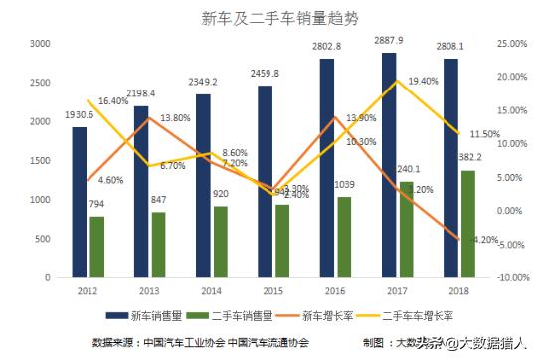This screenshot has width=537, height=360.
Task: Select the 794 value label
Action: coord(96,205)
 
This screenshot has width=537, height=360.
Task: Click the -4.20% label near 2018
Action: coord(484,240)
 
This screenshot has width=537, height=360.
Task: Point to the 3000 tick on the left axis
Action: coord(40,44)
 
